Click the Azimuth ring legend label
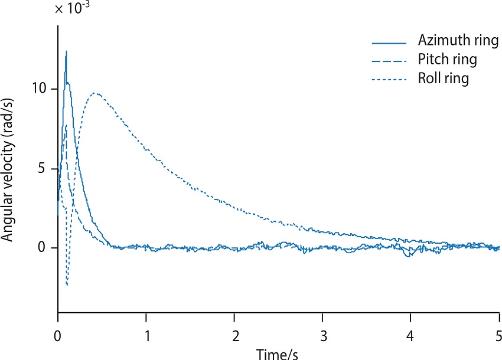tap(458, 41)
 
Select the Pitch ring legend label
tap(447, 60)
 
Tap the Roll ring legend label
tap(444, 78)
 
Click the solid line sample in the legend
tap(389, 43)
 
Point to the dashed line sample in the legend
tap(389, 61)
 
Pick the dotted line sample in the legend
tap(389, 79)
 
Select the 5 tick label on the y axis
tap(41, 168)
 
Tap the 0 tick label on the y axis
tap(41, 247)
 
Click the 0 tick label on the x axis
tap(58, 336)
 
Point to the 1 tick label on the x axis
tap(147, 336)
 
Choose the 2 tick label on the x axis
tap(236, 336)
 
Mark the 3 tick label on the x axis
tap(324, 336)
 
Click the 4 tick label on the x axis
tap(410, 336)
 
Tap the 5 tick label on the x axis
tap(498, 336)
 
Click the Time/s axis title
tap(277, 354)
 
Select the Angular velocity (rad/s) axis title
tap(7, 170)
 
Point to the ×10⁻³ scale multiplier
tap(72, 8)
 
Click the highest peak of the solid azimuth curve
tap(66, 51)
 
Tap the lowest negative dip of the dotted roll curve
tap(67, 285)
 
